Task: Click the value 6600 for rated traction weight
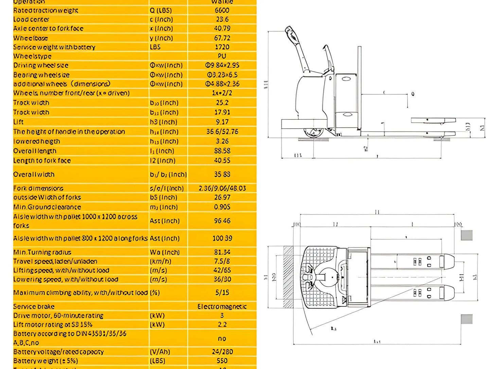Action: (x=222, y=11)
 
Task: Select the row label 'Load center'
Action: (x=31, y=20)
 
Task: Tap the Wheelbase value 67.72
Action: (x=222, y=38)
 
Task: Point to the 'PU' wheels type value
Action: (x=222, y=56)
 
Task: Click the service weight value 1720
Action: (x=222, y=47)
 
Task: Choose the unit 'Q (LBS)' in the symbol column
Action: (x=161, y=11)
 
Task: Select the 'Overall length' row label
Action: (x=35, y=151)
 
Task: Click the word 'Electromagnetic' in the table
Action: (x=222, y=307)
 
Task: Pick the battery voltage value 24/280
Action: (x=222, y=352)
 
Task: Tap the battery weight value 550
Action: (x=222, y=361)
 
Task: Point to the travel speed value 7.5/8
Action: (x=222, y=261)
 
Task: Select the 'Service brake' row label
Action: (x=34, y=307)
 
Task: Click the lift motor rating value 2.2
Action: (x=222, y=324)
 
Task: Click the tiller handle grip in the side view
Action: (x=290, y=32)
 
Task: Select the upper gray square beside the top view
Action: (x=467, y=235)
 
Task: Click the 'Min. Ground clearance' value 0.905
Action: (x=222, y=207)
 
